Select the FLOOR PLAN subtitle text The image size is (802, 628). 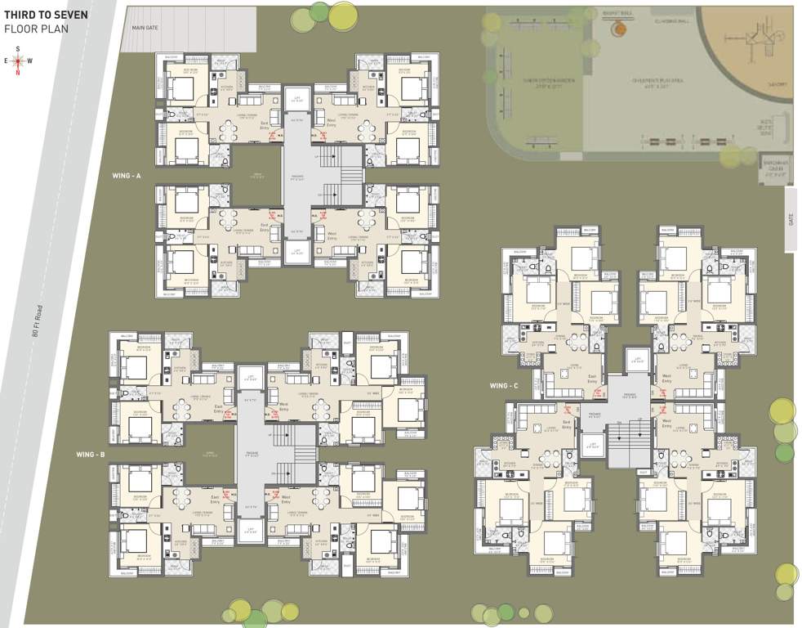tap(36, 28)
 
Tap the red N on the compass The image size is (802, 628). tap(17, 73)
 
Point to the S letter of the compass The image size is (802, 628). tap(17, 48)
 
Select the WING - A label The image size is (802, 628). tap(127, 176)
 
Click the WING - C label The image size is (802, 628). tap(504, 385)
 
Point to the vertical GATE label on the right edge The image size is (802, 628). tap(789, 220)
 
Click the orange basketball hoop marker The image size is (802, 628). tap(620, 29)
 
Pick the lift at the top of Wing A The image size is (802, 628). tap(297, 97)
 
